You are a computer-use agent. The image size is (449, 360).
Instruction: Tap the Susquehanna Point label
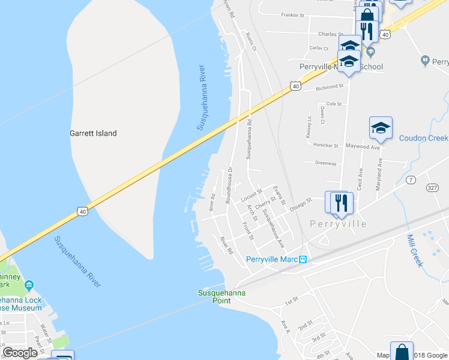[214, 296]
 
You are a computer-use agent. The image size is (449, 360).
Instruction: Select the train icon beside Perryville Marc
[303, 259]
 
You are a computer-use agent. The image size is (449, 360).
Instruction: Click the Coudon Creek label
[423, 138]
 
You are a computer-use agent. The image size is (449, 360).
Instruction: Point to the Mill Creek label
[415, 250]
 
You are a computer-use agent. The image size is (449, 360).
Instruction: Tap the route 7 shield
[411, 180]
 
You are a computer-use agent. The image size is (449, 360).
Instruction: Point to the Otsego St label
[301, 202]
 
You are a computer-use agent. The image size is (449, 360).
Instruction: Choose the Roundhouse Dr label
[229, 185]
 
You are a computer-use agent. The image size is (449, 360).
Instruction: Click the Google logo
[20, 353]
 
